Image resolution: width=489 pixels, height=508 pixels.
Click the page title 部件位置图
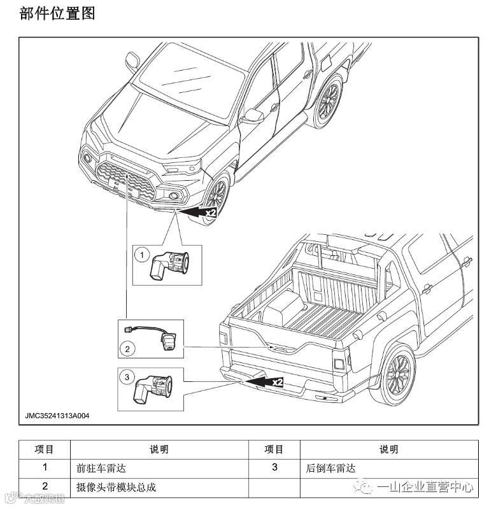coord(57,13)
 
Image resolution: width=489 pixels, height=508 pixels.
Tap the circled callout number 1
coord(141,255)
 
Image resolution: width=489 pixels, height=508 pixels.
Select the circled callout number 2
coord(127,348)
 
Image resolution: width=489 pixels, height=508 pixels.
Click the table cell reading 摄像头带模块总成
coord(115,487)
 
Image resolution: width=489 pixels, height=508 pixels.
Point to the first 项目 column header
coord(44,449)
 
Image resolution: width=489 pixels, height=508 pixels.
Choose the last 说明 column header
coord(388,449)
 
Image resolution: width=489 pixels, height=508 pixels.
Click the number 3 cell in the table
coord(274,468)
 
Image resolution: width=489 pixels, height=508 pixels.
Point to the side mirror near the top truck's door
coord(254,115)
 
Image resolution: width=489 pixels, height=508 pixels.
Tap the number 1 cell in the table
coord(44,468)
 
